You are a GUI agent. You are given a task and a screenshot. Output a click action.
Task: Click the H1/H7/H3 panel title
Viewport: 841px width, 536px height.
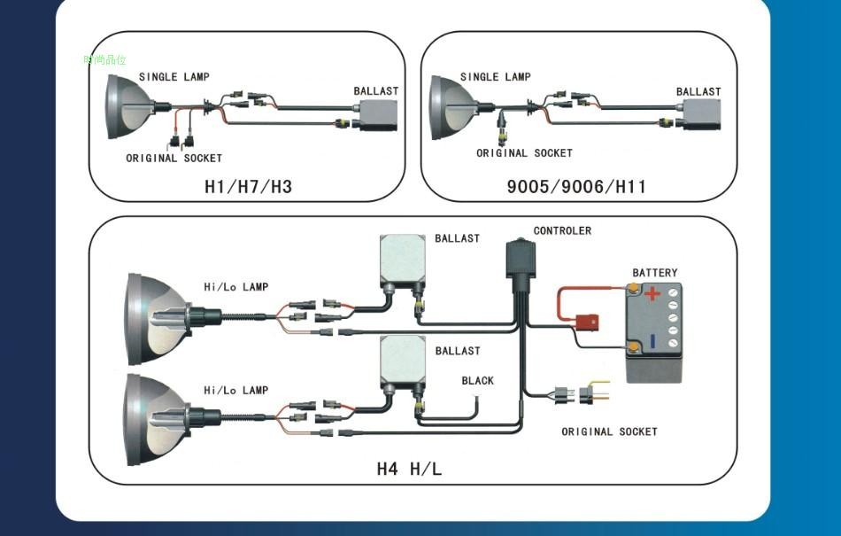pyautogui.click(x=248, y=186)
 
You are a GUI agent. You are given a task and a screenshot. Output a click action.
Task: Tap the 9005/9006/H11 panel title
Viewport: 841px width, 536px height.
pyautogui.click(x=576, y=186)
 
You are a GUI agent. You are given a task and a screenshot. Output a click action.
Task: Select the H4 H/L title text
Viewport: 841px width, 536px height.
pyautogui.click(x=409, y=469)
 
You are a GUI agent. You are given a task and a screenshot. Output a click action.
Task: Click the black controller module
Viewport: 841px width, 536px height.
pyautogui.click(x=517, y=262)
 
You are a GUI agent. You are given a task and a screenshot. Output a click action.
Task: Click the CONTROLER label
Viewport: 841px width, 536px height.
pyautogui.click(x=562, y=230)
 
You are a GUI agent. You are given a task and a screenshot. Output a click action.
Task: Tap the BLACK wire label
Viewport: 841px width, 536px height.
pyautogui.click(x=478, y=381)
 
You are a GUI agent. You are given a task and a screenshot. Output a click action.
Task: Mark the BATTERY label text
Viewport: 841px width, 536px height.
pyautogui.click(x=655, y=273)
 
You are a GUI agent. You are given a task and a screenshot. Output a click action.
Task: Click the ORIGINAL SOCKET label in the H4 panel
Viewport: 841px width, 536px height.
pyautogui.click(x=609, y=431)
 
